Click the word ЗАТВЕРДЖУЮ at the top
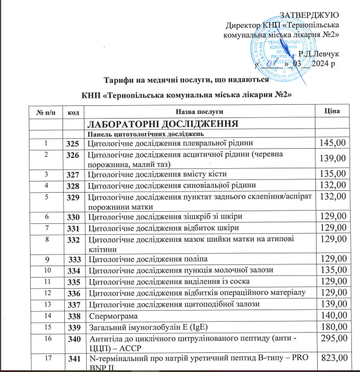point(310,14)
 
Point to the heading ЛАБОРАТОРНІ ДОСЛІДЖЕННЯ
point(163,123)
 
